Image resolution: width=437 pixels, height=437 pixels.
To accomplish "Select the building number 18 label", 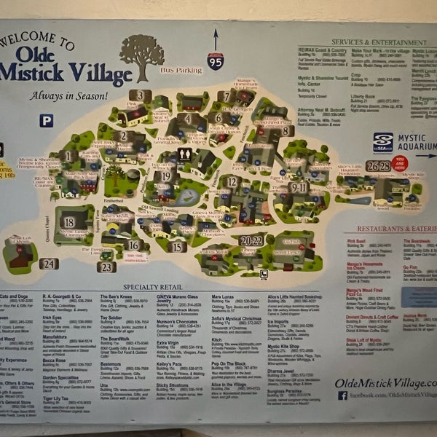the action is pos(68,222).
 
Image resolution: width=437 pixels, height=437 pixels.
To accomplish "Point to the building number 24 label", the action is pos(48,264).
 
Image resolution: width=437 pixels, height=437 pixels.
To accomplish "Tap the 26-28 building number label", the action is pos(379,167).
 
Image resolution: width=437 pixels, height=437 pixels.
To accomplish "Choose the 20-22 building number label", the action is pos(251,240).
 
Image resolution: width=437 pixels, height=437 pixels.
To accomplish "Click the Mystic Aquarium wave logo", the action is pos(383,141).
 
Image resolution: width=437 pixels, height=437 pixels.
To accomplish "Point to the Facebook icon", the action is pos(342,395).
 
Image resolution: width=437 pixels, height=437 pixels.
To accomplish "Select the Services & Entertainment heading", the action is pos(379,43).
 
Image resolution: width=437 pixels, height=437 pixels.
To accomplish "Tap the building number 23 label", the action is pos(107,267).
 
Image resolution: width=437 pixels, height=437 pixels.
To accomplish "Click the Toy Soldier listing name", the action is pos(111,318).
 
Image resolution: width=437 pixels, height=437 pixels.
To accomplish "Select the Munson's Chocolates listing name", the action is pos(177,320).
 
